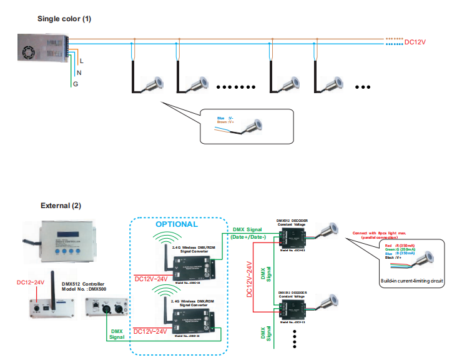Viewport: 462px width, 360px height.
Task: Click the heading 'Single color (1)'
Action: click(x=64, y=19)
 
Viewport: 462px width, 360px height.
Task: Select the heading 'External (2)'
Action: click(x=61, y=205)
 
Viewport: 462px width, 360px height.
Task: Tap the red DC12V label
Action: click(x=416, y=42)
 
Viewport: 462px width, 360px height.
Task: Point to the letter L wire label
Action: click(x=81, y=61)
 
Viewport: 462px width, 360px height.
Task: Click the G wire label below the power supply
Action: click(x=76, y=84)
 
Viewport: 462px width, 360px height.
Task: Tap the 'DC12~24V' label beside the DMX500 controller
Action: click(x=30, y=282)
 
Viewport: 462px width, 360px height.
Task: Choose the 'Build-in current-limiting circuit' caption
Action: click(x=411, y=281)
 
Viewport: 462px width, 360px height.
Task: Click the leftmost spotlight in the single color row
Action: click(x=152, y=85)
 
